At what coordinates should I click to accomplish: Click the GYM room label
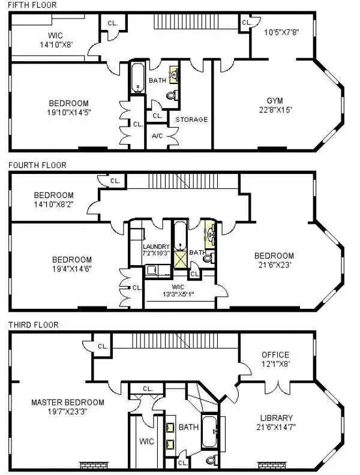click(x=275, y=100)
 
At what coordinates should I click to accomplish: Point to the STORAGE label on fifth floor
click(x=191, y=119)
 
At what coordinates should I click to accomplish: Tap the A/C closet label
click(x=157, y=136)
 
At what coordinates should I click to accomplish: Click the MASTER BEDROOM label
click(x=67, y=402)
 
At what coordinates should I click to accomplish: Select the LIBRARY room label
click(x=277, y=418)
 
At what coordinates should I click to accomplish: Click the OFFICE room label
click(x=275, y=355)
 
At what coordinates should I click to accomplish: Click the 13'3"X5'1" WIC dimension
click(x=179, y=294)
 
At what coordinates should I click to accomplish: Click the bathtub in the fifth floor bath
click(x=137, y=79)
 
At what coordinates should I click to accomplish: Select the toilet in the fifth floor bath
click(x=172, y=94)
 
